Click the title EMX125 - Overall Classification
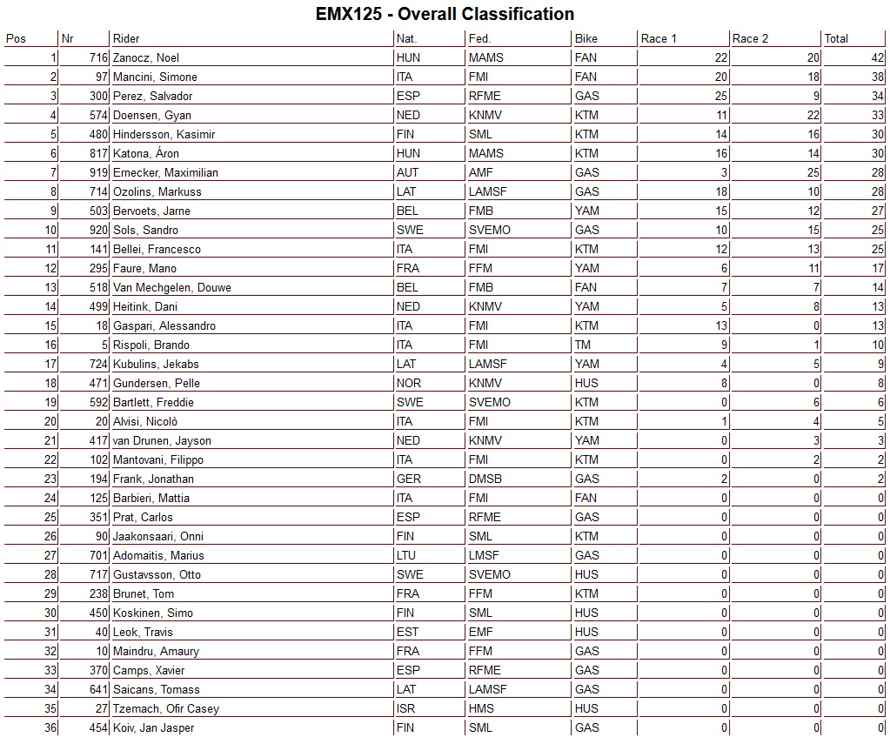(x=445, y=14)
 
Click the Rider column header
(x=126, y=38)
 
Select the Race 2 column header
(x=751, y=38)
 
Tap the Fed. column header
(x=479, y=38)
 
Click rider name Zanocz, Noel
(x=146, y=57)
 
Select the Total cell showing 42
(x=877, y=57)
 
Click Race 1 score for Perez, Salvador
(x=719, y=96)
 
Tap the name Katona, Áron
(x=145, y=153)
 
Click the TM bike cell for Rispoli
(x=582, y=345)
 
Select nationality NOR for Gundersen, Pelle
(x=408, y=383)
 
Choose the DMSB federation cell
(x=484, y=479)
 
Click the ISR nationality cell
(x=405, y=708)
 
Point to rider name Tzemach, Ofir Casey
(x=166, y=708)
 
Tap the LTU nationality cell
(x=407, y=555)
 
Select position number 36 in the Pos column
(x=50, y=727)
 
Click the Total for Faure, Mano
(x=877, y=268)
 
